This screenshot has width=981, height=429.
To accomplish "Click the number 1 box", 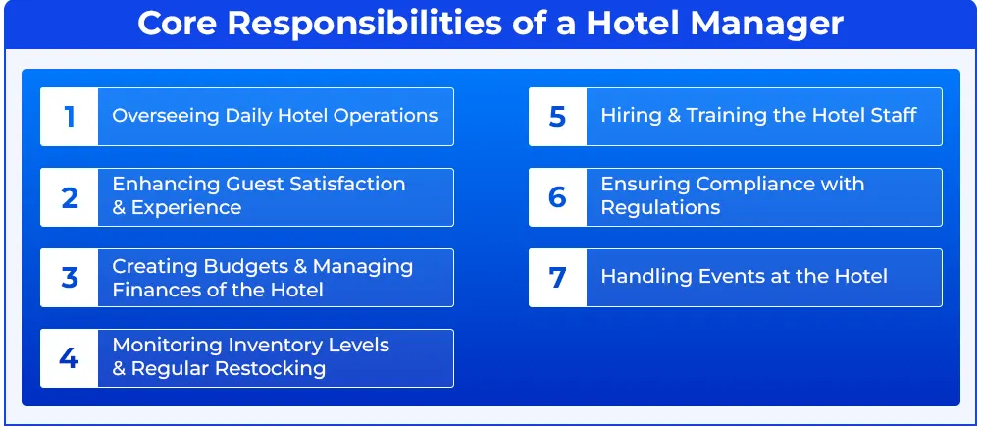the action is click(x=70, y=117).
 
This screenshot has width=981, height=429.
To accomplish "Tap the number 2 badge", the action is click(x=70, y=197).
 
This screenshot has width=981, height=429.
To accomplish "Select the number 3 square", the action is click(x=70, y=278).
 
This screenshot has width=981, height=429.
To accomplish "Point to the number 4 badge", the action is click(x=70, y=358).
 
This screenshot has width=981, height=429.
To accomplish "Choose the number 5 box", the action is click(x=558, y=117).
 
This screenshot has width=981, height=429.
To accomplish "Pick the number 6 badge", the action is click(x=558, y=197).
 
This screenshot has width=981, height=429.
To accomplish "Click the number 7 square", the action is click(x=558, y=278).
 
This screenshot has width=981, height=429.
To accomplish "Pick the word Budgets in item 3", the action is click(x=245, y=267).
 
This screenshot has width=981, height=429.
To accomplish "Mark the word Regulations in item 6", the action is click(x=660, y=207).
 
